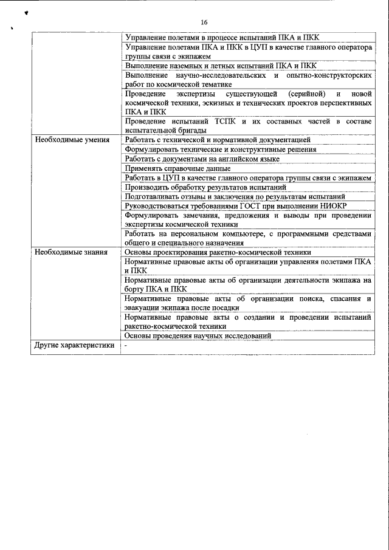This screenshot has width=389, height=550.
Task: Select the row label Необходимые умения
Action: (72, 140)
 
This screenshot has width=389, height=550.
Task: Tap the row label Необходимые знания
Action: (71, 252)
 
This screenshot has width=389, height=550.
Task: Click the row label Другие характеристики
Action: (74, 345)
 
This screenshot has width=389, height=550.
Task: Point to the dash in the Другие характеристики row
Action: (126, 345)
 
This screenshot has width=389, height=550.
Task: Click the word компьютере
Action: (267, 233)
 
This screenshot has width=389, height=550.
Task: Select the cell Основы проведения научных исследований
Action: (198, 335)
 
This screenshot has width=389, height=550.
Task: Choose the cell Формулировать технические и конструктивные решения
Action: (220, 150)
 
